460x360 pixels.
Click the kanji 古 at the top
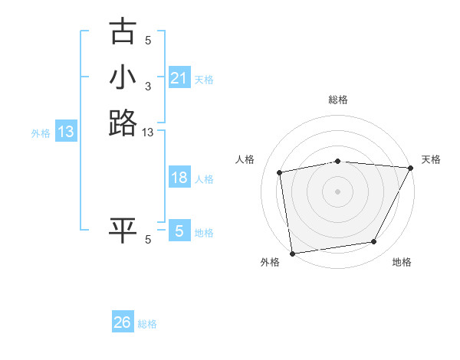pyautogui.click(x=123, y=32)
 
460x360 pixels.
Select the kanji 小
pyautogui.click(x=123, y=77)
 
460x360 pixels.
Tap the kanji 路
pyautogui.click(x=123, y=123)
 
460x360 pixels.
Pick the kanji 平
pyautogui.click(x=123, y=231)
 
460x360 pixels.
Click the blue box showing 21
pyautogui.click(x=179, y=78)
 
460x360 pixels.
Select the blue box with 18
pyautogui.click(x=179, y=178)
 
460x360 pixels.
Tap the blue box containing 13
pyautogui.click(x=66, y=132)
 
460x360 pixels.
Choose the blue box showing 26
pyautogui.click(x=123, y=322)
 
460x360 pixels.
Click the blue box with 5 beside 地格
pyautogui.click(x=179, y=231)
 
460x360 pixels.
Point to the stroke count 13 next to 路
pyautogui.click(x=149, y=133)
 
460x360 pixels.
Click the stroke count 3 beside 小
pyautogui.click(x=148, y=86)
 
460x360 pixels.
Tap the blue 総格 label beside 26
pyautogui.click(x=147, y=324)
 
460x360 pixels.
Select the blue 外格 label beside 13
pyautogui.click(x=41, y=133)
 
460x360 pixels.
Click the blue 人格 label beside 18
pyautogui.click(x=204, y=179)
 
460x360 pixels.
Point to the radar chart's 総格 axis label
pyautogui.click(x=337, y=100)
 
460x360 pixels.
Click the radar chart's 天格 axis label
pyautogui.click(x=431, y=159)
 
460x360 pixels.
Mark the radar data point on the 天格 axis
pyautogui.click(x=411, y=168)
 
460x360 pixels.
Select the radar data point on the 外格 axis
pyautogui.click(x=292, y=253)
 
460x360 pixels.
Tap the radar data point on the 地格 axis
pyautogui.click(x=374, y=242)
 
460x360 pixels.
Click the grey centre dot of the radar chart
pyautogui.click(x=337, y=191)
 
